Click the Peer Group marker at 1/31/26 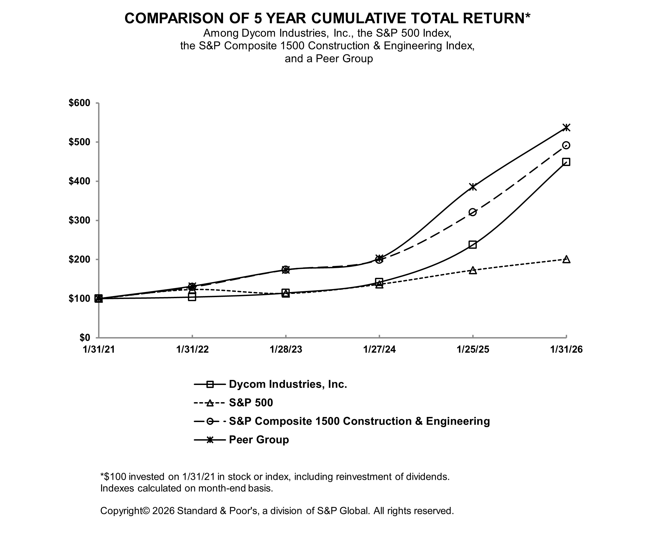click(x=566, y=128)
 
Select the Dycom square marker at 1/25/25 click(x=473, y=244)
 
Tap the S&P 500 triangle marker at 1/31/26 click(x=566, y=260)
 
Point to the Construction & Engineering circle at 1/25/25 click(x=473, y=212)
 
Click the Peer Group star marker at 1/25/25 click(x=473, y=187)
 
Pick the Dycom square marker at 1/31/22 click(x=192, y=297)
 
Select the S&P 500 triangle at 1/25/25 click(x=473, y=270)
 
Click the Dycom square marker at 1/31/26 click(x=566, y=162)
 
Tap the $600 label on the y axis click(x=79, y=103)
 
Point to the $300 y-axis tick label click(x=79, y=220)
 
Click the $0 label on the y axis click(x=84, y=338)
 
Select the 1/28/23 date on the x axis click(x=286, y=350)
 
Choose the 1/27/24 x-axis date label click(x=379, y=350)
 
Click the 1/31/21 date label click(x=99, y=350)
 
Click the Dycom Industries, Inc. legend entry click(x=288, y=384)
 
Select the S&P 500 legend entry click(x=251, y=403)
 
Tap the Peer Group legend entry click(x=259, y=439)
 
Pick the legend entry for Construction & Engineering click(x=359, y=421)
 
